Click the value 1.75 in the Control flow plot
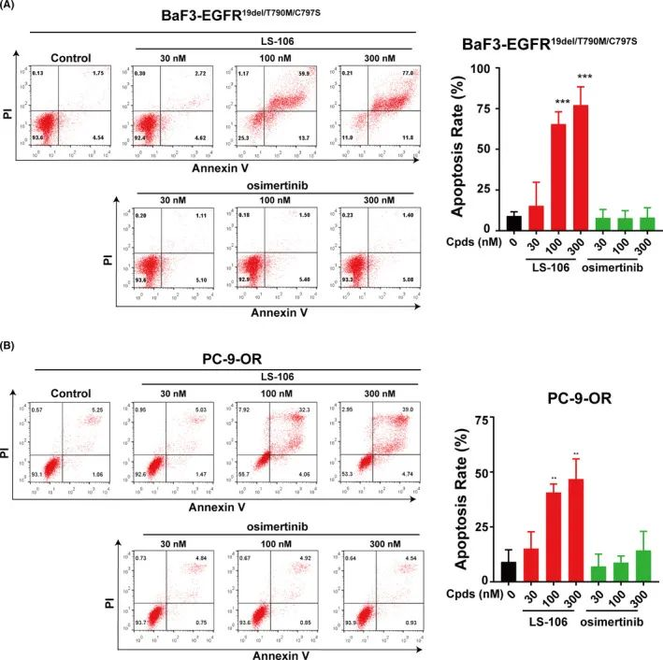coord(96,72)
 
